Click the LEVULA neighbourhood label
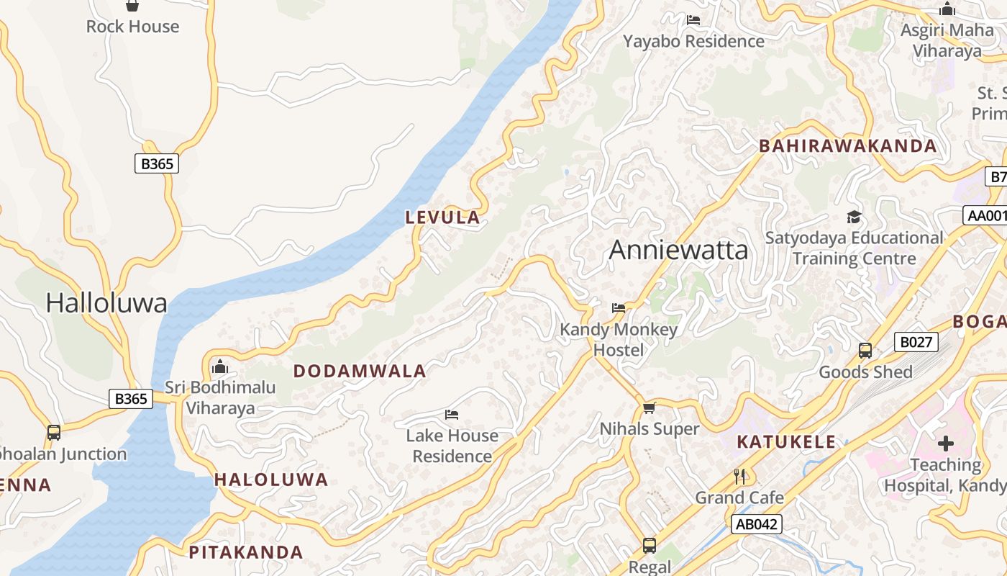pos(442,217)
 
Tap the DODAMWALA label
pos(360,372)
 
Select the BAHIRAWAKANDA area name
pos(848,146)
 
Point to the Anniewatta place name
pos(678,251)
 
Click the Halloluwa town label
pos(106,303)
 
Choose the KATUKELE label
pos(786,442)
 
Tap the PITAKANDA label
pos(245,552)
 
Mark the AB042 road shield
pos(757,524)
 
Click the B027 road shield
pos(916,342)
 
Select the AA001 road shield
pos(986,215)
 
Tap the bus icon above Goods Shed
pos(865,351)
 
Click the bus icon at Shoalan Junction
pos(54,433)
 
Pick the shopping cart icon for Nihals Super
pos(649,408)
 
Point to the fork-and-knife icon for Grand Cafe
pos(739,476)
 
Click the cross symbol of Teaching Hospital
pos(945,444)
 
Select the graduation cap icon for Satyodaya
pos(854,217)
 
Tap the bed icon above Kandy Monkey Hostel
pos(618,308)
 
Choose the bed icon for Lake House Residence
pos(452,415)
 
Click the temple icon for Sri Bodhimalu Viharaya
pos(220,367)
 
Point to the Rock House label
pos(132,27)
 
